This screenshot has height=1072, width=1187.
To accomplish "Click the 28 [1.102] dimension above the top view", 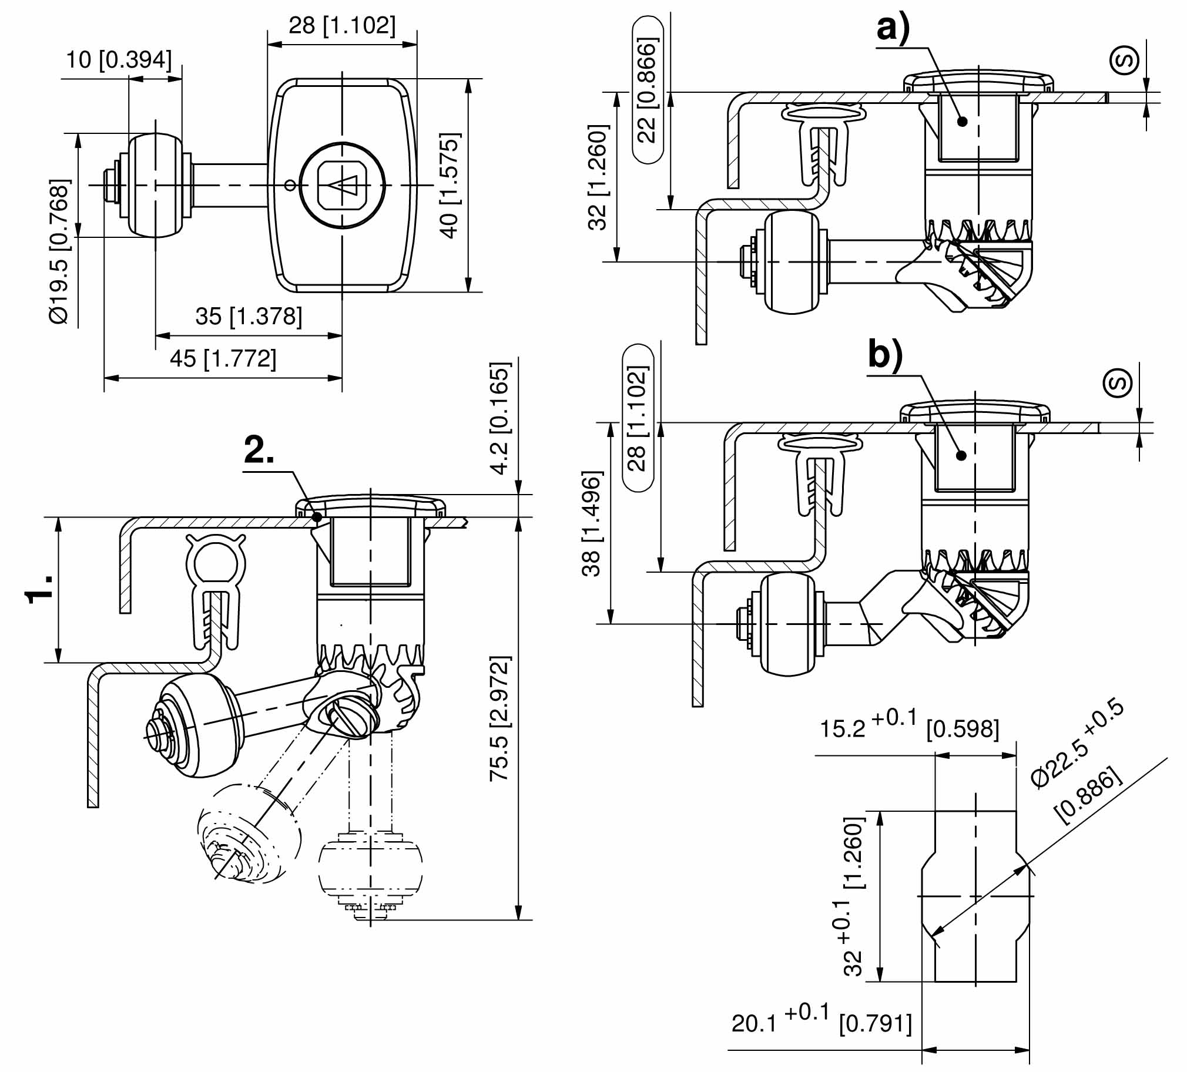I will click(x=342, y=26).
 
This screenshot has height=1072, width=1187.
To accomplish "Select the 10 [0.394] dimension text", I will click(x=119, y=60).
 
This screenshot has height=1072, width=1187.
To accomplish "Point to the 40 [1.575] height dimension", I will click(x=450, y=186).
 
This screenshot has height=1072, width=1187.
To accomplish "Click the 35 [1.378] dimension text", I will click(x=249, y=317).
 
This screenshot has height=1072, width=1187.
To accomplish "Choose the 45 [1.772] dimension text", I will click(x=223, y=358).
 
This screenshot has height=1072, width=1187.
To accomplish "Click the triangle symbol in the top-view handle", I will click(x=343, y=186).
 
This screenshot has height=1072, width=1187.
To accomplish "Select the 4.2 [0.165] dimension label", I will click(x=501, y=418).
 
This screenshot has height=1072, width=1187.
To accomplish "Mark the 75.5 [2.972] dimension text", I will click(x=500, y=719).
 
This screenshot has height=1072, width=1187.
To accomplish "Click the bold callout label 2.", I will click(x=259, y=452).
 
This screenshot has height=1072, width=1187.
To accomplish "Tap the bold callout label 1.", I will click(x=39, y=589).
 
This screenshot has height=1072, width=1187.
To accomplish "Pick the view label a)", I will click(x=893, y=28).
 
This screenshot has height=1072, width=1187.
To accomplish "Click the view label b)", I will click(x=885, y=355).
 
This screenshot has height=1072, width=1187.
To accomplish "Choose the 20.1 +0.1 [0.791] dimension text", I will click(x=821, y=1023).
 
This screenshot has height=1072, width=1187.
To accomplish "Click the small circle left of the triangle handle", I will click(x=290, y=186).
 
